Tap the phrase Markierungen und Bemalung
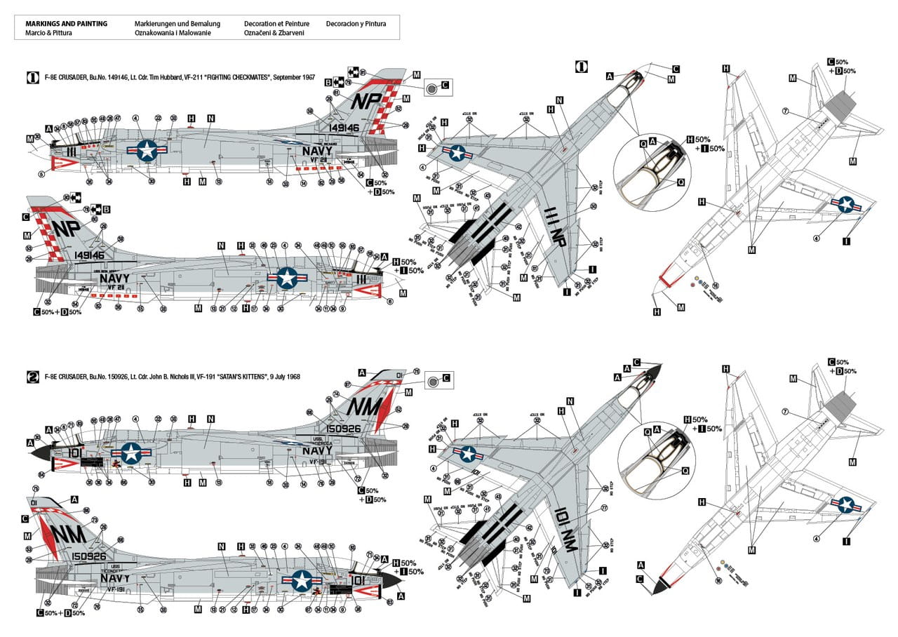(x=177, y=24)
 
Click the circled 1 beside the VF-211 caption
(x=32, y=78)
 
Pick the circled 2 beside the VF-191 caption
(x=32, y=377)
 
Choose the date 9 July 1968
(x=279, y=377)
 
